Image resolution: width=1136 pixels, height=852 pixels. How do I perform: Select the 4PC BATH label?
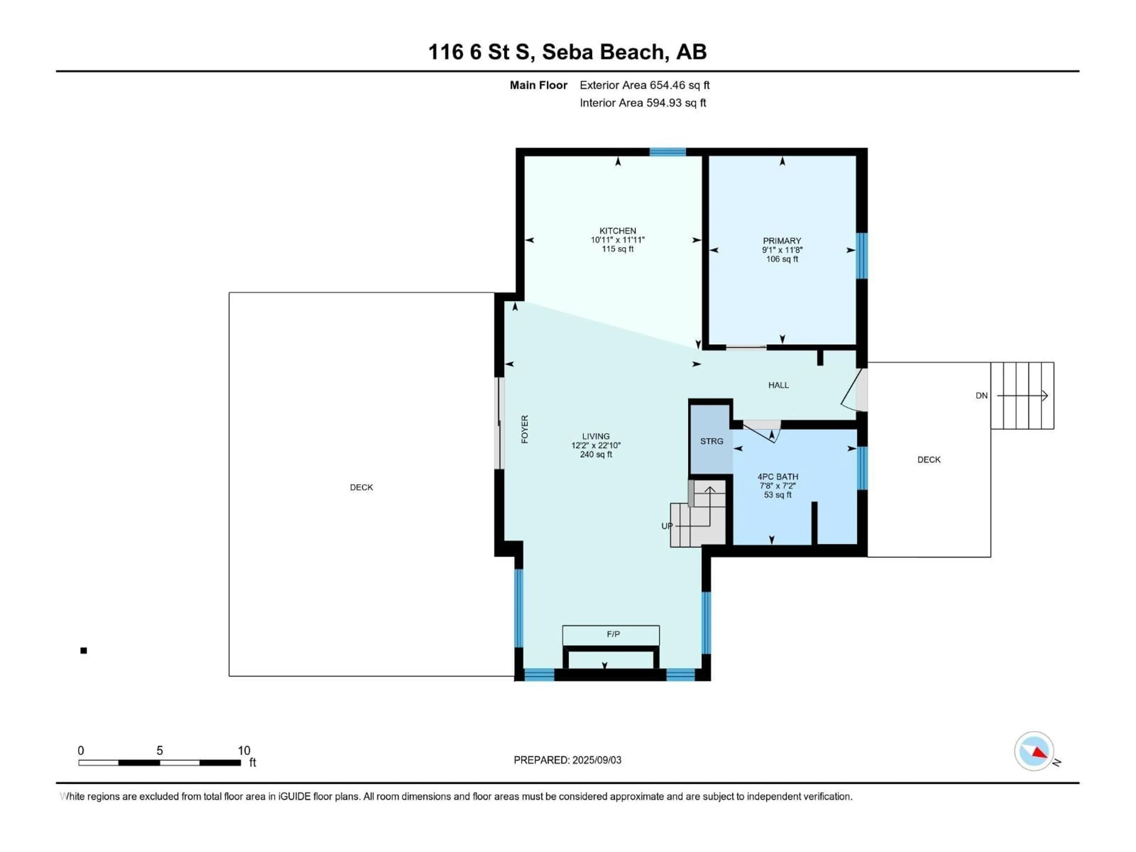(x=777, y=477)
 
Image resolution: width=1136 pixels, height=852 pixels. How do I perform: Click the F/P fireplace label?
(x=613, y=634)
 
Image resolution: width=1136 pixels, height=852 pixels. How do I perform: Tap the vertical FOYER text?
(x=524, y=429)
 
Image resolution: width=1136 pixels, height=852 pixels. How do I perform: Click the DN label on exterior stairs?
(x=981, y=396)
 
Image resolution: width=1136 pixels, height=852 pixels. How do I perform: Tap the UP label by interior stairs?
(x=667, y=526)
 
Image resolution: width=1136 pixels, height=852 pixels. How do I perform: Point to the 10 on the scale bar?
(x=244, y=751)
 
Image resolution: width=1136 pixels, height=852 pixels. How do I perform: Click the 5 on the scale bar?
(x=160, y=751)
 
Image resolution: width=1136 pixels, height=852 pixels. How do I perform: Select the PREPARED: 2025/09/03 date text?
(x=567, y=760)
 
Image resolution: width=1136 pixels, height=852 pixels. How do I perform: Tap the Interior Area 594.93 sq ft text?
(x=643, y=103)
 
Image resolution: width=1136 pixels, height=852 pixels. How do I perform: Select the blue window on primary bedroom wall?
(x=861, y=256)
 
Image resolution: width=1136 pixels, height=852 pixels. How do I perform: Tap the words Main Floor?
(x=538, y=85)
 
